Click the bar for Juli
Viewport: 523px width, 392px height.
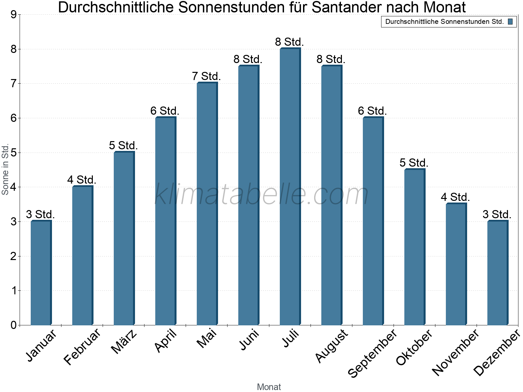click(x=290, y=187)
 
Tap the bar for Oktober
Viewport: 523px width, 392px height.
click(x=414, y=247)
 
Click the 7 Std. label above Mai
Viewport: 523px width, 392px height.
click(x=206, y=76)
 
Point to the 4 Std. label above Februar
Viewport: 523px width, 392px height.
click(x=82, y=180)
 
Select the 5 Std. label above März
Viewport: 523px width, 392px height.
click(x=123, y=145)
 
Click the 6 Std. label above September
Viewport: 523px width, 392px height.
click(x=372, y=111)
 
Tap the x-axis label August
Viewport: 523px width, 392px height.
click(x=332, y=346)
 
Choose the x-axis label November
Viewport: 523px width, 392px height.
click(x=455, y=352)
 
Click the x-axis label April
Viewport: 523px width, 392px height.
click(x=166, y=340)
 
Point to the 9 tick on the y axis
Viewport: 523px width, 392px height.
click(x=13, y=15)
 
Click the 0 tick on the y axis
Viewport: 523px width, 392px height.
click(x=13, y=325)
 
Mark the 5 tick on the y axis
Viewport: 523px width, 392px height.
click(x=13, y=153)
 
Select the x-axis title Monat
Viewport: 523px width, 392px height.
click(x=269, y=387)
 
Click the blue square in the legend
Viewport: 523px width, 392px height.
click(x=510, y=22)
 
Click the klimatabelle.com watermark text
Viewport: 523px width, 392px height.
click(x=261, y=194)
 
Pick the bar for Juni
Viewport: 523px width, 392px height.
click(x=248, y=195)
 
